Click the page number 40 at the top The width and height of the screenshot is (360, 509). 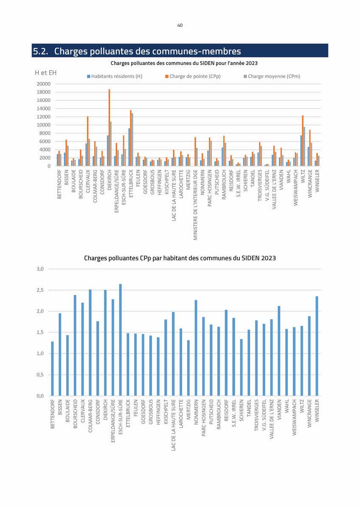click(180, 25)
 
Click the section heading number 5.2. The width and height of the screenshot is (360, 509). click(41, 51)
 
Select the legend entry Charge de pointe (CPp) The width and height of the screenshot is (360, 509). click(193, 76)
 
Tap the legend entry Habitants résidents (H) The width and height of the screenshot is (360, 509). click(115, 76)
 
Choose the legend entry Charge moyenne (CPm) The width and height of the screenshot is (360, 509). click(272, 76)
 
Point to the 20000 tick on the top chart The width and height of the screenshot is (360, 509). click(44, 84)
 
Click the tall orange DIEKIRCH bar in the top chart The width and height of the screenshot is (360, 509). click(110, 128)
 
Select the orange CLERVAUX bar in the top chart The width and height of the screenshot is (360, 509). click(87, 141)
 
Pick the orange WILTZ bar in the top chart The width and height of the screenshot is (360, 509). click(303, 141)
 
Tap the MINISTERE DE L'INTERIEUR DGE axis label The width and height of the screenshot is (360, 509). click(195, 205)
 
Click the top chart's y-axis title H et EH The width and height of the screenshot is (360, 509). click(46, 73)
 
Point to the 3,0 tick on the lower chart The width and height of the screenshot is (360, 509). click(40, 269)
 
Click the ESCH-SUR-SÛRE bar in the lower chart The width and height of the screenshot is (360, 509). click(121, 340)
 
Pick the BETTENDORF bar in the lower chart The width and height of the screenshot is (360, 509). click(53, 368)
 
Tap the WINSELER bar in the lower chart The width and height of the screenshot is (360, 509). click(317, 346)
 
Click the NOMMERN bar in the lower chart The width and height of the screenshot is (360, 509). click(196, 348)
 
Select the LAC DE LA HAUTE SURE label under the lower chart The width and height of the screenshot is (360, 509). click(173, 425)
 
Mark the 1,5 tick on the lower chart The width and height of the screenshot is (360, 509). click(40, 332)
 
